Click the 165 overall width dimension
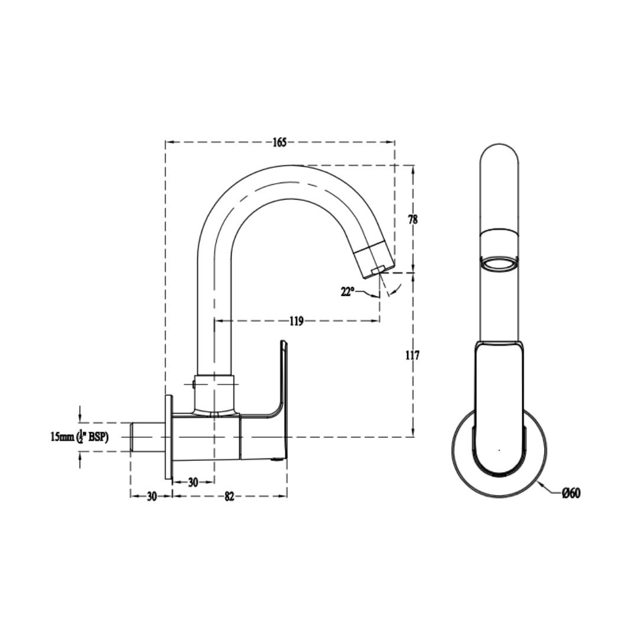pyautogui.click(x=279, y=142)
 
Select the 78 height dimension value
pyautogui.click(x=412, y=219)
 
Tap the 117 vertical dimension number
pyautogui.click(x=412, y=355)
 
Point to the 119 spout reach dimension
pyautogui.click(x=297, y=321)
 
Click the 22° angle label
pyautogui.click(x=348, y=292)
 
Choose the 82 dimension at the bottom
pyautogui.click(x=229, y=497)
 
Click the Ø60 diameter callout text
pyautogui.click(x=571, y=493)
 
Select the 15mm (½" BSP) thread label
pyautogui.click(x=87, y=437)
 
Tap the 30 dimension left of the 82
pyautogui.click(x=151, y=497)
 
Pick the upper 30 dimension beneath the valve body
pyautogui.click(x=193, y=483)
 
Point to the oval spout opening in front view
pyautogui.click(x=499, y=263)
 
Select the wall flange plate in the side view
pyautogui.click(x=169, y=437)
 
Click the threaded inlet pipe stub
pyautogui.click(x=147, y=437)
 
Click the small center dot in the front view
pyautogui.click(x=499, y=450)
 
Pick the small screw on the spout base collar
pyautogui.click(x=194, y=384)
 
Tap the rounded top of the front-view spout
pyautogui.click(x=499, y=148)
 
